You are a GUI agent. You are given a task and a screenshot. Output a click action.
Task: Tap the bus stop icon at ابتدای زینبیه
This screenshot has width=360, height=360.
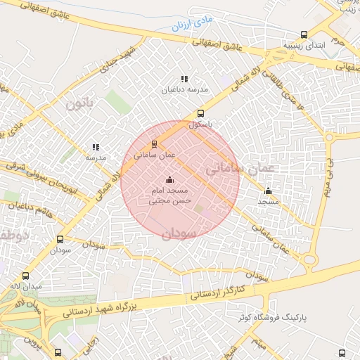[304, 34]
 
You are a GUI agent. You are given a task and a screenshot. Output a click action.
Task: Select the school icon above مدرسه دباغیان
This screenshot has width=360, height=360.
[184, 79]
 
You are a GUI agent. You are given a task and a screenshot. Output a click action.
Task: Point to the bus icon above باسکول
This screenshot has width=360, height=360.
[200, 113]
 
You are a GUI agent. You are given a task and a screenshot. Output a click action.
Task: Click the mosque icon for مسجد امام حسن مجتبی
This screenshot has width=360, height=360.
[168, 180]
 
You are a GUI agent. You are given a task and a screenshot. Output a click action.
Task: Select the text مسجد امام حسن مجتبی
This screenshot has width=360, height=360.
[168, 195]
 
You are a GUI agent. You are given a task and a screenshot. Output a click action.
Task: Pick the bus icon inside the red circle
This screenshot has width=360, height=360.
[155, 143]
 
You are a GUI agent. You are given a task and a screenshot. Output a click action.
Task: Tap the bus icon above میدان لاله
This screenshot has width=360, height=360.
[27, 276]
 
